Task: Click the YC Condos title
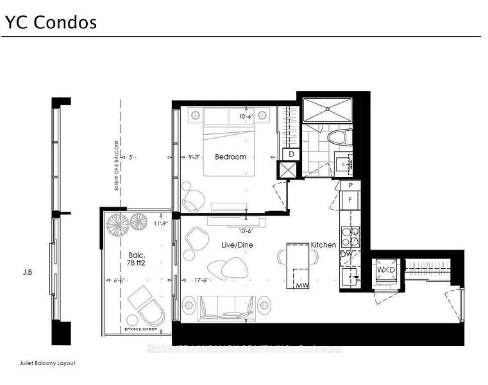pyautogui.click(x=51, y=22)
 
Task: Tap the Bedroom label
pyautogui.click(x=230, y=157)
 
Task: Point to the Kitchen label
pyautogui.click(x=323, y=245)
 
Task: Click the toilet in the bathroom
pyautogui.click(x=337, y=137)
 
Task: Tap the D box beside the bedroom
pyautogui.click(x=291, y=154)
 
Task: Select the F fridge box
pyautogui.click(x=350, y=200)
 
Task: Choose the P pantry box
pyautogui.click(x=350, y=185)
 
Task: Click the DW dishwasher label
pyautogui.click(x=346, y=255)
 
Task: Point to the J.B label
pyautogui.click(x=26, y=271)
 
